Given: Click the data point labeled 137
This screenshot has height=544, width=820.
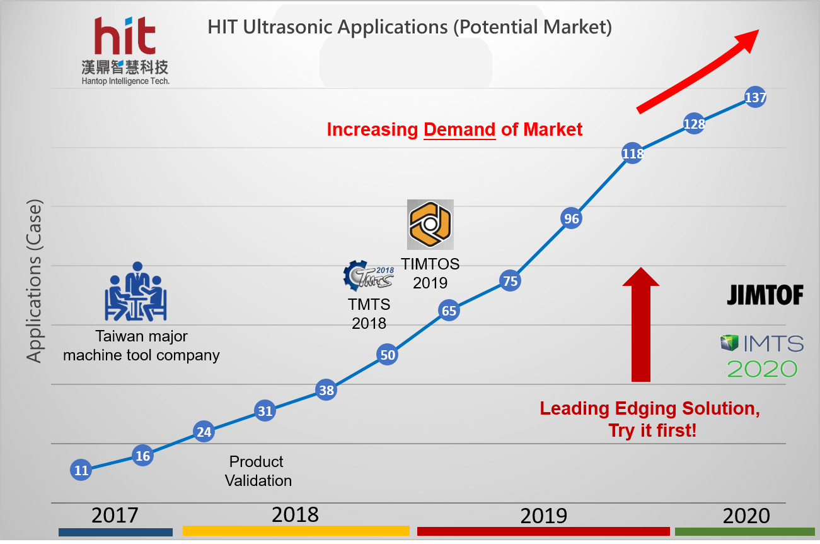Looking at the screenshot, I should coord(755,98).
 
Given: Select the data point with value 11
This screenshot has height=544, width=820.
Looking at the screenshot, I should coord(81,470).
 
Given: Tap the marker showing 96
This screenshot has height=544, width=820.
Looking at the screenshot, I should coord(571,219).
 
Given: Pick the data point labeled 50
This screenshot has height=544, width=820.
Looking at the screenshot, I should coord(388,355).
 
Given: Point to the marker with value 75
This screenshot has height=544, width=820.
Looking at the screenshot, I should coord(510,281).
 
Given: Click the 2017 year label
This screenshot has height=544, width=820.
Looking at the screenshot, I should coord(115,515).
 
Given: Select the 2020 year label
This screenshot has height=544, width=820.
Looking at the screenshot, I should coord(746,516).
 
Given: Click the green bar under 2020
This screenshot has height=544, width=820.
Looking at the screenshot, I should coord(744,531).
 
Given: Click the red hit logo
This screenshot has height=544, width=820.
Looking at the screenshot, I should coord(125,37).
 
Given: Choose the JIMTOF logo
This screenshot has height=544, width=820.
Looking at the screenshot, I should coord(765,295).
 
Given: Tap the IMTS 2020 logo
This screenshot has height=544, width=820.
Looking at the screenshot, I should coord(762,356).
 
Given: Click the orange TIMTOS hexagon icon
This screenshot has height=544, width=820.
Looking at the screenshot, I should coord(430,224).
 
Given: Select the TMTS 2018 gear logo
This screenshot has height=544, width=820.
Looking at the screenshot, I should coord(369,276).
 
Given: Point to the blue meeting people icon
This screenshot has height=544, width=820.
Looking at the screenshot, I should coord(136,292).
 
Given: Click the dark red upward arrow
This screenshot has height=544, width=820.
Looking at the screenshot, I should coord(641,324).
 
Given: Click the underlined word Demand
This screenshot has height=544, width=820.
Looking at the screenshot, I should coord(459,130).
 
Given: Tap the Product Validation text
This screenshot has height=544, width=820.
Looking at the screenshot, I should coord(257,471).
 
